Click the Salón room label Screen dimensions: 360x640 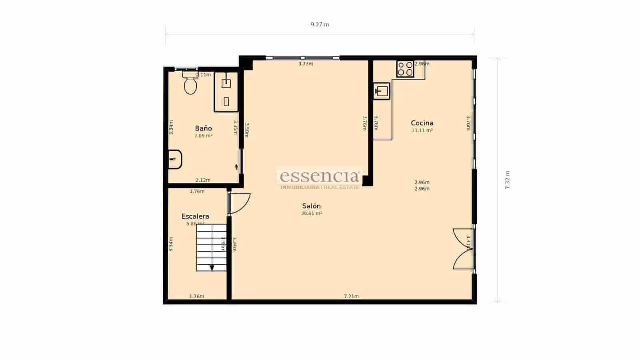coord(311,206)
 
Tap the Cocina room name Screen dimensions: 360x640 coord(422,123)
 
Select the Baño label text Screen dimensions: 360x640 coord(203,128)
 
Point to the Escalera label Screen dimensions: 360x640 coord(195,216)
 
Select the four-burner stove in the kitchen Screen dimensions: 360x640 coord(405,69)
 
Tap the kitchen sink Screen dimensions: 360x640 coord(382,91)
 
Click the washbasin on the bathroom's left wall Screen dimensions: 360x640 coord(175,159)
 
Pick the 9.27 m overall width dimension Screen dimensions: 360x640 coord(320,24)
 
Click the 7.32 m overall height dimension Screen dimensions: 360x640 coord(507,180)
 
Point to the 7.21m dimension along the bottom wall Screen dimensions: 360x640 coord(351,296)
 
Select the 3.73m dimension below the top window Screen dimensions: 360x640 coord(306,64)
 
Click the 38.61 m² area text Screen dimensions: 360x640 coord(311,214)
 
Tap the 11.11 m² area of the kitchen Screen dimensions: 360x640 coord(422,130)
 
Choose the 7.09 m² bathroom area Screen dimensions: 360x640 coord(203,136)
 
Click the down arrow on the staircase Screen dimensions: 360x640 coord(212,268)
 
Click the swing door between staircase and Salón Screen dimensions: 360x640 coord(239,203)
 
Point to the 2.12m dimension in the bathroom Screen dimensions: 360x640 coord(203,180)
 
